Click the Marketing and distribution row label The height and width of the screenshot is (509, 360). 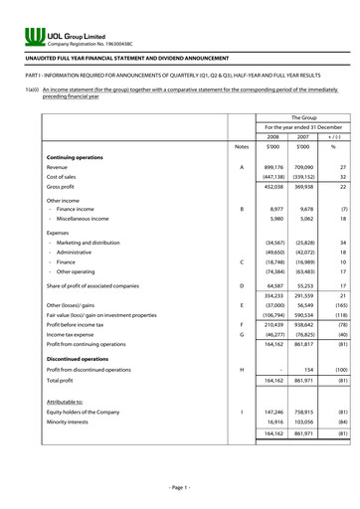point(90,242)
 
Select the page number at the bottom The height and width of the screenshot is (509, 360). point(179,487)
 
